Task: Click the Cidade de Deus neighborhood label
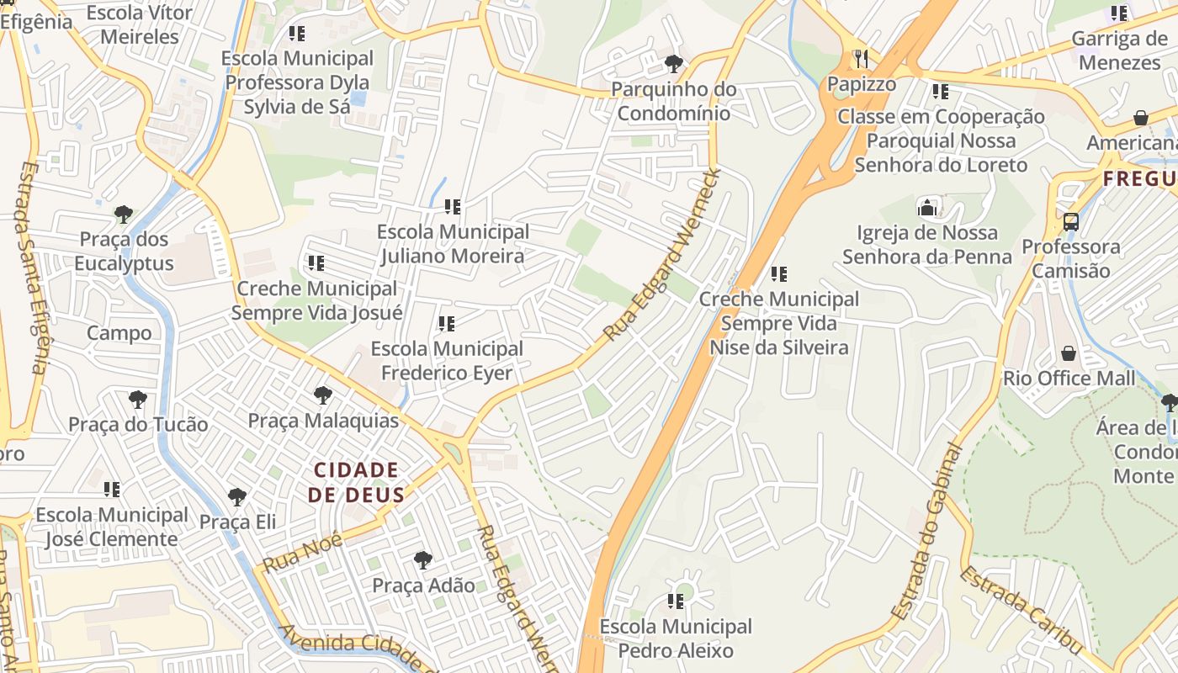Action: click(x=355, y=482)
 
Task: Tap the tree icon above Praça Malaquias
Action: click(x=322, y=395)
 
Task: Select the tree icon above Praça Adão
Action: click(x=423, y=559)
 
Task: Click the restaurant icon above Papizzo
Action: click(x=861, y=58)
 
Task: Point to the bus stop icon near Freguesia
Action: click(x=1070, y=222)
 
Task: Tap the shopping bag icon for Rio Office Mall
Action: click(x=1069, y=353)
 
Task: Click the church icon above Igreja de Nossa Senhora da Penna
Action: click(x=927, y=207)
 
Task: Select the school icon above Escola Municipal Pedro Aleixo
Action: click(x=676, y=601)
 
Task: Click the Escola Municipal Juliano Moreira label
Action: click(x=453, y=244)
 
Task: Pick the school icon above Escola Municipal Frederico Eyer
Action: click(x=447, y=323)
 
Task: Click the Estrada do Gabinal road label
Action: click(x=926, y=532)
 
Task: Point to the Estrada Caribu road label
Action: click(x=1020, y=611)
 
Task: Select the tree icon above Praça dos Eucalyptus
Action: click(x=124, y=214)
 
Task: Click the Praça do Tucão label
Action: click(x=138, y=425)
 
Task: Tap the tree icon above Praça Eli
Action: click(x=237, y=497)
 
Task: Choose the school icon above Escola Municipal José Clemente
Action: click(x=112, y=489)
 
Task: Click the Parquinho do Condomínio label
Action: click(x=673, y=101)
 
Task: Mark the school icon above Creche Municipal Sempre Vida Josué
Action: click(x=316, y=263)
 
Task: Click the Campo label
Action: click(x=119, y=333)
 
